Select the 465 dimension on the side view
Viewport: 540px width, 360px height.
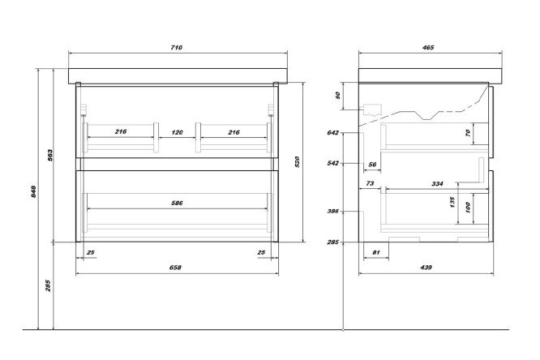click(429, 47)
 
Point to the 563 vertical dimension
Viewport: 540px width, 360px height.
click(49, 154)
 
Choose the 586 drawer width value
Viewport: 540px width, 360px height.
click(178, 203)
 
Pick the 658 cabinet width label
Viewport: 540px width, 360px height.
click(175, 267)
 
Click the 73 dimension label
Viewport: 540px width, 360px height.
click(369, 185)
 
